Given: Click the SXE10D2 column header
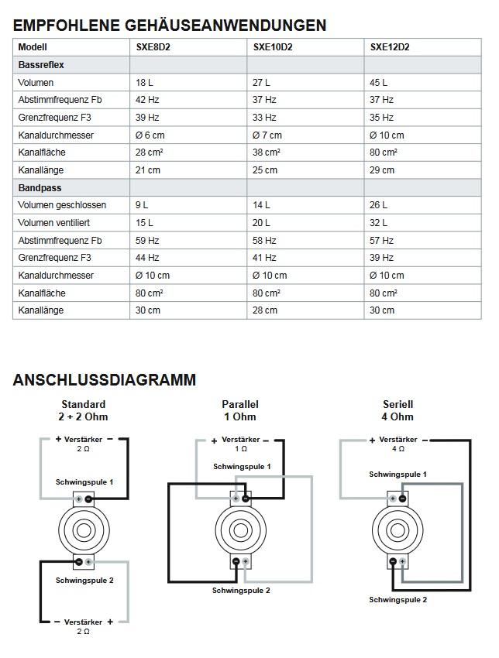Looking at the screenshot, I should [x=272, y=46].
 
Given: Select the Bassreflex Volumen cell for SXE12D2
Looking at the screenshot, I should [x=379, y=82].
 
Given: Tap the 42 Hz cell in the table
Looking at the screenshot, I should [x=147, y=100].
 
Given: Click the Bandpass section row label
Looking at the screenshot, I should [x=40, y=187].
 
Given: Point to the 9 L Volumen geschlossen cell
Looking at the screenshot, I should [x=142, y=205].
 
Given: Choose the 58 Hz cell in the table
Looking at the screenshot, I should [x=264, y=240].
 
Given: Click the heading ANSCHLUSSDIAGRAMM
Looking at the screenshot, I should [x=104, y=380].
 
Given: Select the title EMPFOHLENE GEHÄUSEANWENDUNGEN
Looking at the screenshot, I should [x=170, y=26].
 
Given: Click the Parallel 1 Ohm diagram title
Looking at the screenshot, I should [x=239, y=410].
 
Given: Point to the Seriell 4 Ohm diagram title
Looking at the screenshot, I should [x=398, y=410].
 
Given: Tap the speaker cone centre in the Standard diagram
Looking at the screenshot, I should [x=84, y=530].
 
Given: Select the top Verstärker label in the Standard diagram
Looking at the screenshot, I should [x=83, y=439].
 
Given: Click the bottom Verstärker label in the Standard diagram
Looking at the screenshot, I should [x=83, y=622].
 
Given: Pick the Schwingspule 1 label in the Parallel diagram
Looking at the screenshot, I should [x=243, y=466].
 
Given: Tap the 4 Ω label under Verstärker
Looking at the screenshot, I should [x=398, y=448].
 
